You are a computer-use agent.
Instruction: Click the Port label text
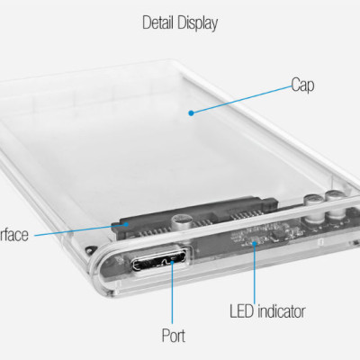coord(174,337)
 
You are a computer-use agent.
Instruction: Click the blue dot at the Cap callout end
coord(190,112)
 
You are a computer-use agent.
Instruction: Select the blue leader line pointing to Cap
coord(238,99)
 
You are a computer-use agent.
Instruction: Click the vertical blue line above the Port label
coord(174,297)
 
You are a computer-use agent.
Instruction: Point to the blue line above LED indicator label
coord(256,274)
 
